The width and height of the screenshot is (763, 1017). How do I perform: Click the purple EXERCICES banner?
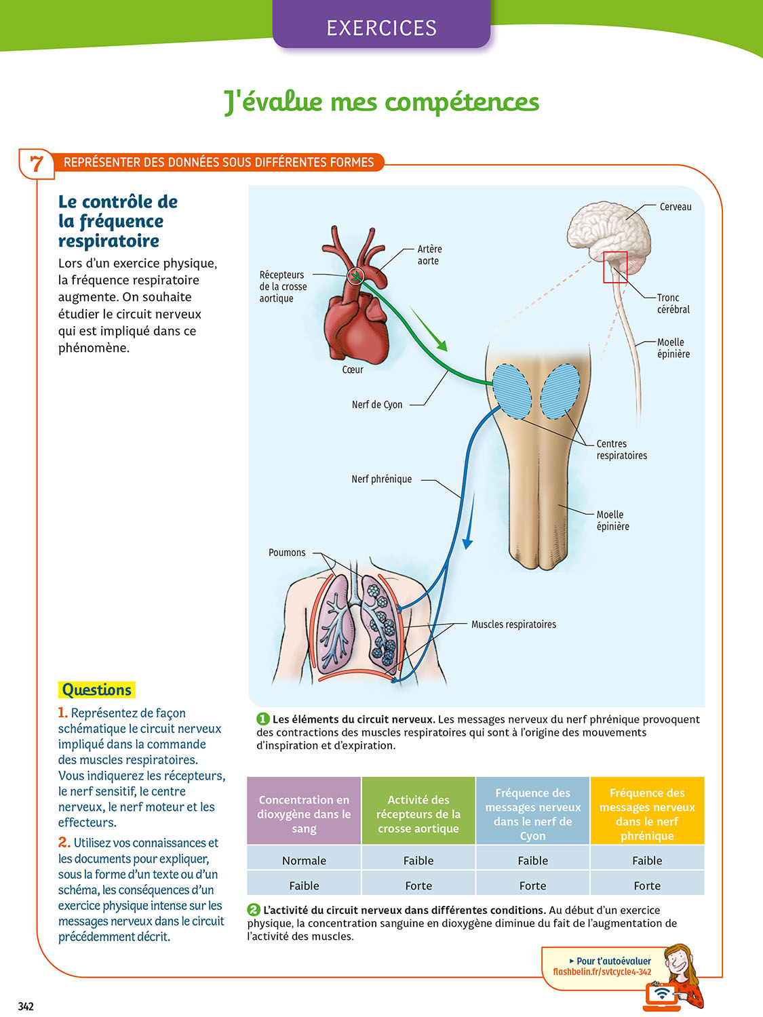(381, 27)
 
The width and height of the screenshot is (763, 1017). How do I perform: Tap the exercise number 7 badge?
(37, 163)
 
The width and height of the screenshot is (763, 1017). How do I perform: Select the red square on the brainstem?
(615, 267)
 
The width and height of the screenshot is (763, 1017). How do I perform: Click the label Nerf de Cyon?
(377, 405)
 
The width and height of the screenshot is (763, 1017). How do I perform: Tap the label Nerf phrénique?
(381, 479)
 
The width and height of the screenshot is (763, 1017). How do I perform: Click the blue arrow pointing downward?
(469, 522)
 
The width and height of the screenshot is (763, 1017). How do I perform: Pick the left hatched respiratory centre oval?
(512, 391)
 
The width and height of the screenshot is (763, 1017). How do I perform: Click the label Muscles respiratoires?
(513, 624)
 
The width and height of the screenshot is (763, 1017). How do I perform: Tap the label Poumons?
(287, 553)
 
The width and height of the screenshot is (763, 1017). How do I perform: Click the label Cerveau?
(676, 207)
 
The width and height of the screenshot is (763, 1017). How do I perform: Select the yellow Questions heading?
(96, 690)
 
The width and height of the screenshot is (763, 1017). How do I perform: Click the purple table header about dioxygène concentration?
(304, 814)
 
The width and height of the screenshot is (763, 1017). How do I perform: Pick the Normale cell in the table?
(304, 860)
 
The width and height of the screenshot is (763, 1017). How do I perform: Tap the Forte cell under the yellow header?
(647, 885)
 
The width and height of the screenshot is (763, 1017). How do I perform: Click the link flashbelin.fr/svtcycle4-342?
(602, 972)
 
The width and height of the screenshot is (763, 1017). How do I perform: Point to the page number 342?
(26, 1006)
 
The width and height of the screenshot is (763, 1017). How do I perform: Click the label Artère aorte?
(429, 255)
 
